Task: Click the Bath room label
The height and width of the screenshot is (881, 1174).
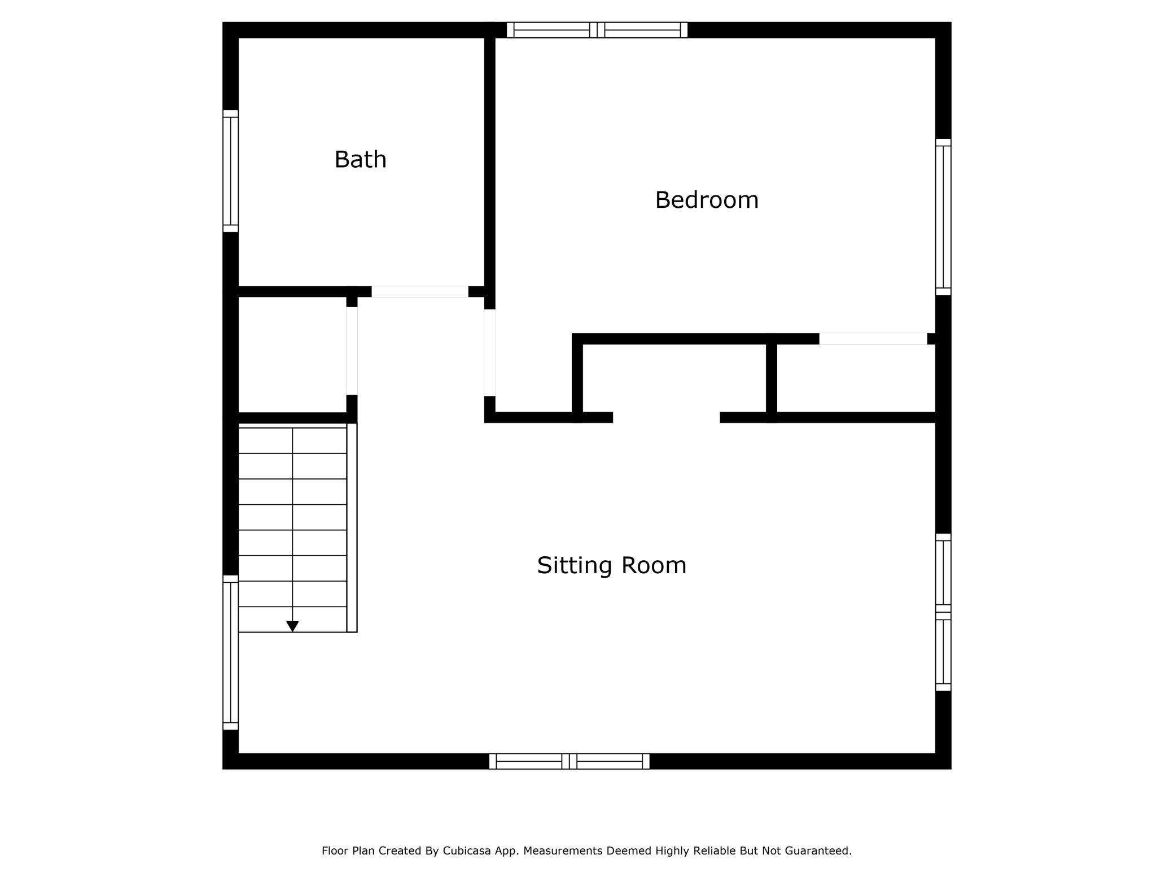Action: pyautogui.click(x=360, y=160)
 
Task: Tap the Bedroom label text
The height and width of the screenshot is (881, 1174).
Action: pyautogui.click(x=707, y=200)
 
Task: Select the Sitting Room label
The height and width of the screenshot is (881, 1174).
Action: pyautogui.click(x=611, y=566)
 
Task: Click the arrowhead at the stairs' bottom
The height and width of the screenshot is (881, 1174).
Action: pyautogui.click(x=292, y=626)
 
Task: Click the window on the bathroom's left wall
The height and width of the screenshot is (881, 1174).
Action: pyautogui.click(x=230, y=171)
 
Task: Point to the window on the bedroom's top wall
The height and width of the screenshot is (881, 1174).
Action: pyautogui.click(x=597, y=30)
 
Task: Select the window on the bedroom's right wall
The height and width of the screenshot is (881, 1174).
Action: pyautogui.click(x=943, y=217)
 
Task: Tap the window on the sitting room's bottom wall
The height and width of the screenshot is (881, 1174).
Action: pyautogui.click(x=569, y=761)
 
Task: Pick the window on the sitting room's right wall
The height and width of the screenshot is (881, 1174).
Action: pyautogui.click(x=943, y=612)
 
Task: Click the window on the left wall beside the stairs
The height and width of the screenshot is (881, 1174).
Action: pyautogui.click(x=230, y=652)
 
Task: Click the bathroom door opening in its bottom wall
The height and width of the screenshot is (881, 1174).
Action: pyautogui.click(x=419, y=291)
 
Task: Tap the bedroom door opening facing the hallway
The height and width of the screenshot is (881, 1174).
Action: pyautogui.click(x=489, y=352)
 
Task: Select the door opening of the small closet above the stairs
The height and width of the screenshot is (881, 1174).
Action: pyautogui.click(x=352, y=351)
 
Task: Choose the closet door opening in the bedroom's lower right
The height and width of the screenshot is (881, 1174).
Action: pyautogui.click(x=873, y=339)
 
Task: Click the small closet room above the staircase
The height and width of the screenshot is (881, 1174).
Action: pyautogui.click(x=292, y=355)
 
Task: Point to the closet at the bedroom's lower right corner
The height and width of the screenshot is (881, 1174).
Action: pyautogui.click(x=856, y=378)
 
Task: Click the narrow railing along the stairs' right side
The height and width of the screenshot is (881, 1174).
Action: pyautogui.click(x=352, y=527)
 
